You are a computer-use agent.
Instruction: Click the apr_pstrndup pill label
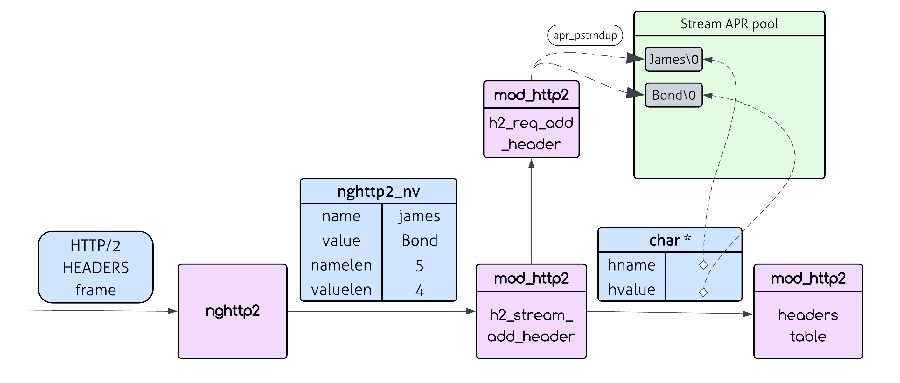[x=585, y=35]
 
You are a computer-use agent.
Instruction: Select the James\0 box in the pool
[x=673, y=59]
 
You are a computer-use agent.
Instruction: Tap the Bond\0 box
[x=673, y=95]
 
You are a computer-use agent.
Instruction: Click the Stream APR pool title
[x=729, y=24]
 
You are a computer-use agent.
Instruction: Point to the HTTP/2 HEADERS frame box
[x=95, y=267]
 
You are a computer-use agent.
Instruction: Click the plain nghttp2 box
[x=232, y=311]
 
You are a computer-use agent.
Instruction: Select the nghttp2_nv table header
[x=378, y=191]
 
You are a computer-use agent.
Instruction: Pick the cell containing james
[x=419, y=216]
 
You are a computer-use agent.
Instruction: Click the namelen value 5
[x=419, y=265]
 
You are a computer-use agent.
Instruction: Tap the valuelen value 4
[x=419, y=290]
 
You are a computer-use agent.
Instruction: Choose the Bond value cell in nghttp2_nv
[x=419, y=241]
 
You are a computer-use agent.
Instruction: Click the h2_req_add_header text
[x=531, y=133]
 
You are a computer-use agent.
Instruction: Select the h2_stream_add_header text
[x=531, y=325]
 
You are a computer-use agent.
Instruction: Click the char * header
[x=670, y=240]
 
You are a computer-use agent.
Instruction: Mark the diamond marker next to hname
[x=703, y=265]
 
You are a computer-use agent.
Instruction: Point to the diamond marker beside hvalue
[x=703, y=292]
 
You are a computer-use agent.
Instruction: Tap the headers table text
[x=808, y=325]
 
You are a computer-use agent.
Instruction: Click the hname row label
[x=631, y=265]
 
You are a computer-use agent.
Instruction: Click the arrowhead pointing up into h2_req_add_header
[x=531, y=164]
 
